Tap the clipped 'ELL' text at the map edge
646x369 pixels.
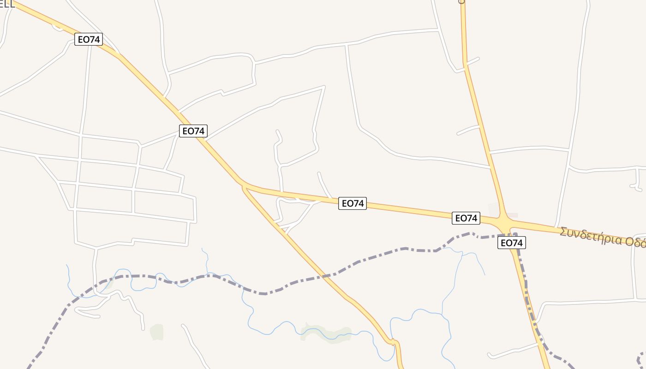point(7,5)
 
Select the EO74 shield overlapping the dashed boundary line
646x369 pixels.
point(511,243)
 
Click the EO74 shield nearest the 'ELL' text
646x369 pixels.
point(88,39)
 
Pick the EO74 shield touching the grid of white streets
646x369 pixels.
point(193,131)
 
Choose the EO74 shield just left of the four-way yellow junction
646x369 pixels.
point(466,218)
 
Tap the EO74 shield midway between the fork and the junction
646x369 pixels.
point(353,203)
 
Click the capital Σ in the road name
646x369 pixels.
point(563,231)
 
